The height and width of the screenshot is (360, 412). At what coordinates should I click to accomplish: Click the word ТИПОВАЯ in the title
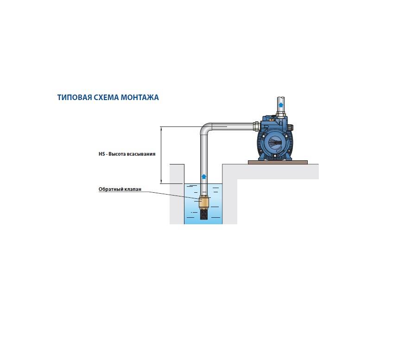click(75, 97)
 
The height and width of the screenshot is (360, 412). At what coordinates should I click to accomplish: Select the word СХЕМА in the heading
click(106, 97)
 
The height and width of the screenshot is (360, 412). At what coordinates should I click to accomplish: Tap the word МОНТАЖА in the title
click(139, 97)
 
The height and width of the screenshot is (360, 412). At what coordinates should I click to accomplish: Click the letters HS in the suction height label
click(101, 154)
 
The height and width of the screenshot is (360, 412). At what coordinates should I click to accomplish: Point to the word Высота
click(117, 154)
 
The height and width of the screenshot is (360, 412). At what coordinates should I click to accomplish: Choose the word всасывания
click(141, 154)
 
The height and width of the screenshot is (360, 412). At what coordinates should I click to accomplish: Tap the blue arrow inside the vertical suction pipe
click(203, 177)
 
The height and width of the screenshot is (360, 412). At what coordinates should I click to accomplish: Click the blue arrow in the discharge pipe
click(281, 105)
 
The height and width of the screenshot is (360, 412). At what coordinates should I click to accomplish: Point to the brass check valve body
click(203, 202)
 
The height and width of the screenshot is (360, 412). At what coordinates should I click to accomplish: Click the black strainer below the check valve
click(203, 214)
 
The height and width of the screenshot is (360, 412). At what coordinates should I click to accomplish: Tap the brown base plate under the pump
click(278, 162)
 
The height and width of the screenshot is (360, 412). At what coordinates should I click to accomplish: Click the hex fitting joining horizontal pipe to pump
click(256, 126)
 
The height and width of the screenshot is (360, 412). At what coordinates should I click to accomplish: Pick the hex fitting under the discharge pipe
click(281, 114)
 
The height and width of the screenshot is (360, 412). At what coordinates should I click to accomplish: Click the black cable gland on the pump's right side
click(291, 128)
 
